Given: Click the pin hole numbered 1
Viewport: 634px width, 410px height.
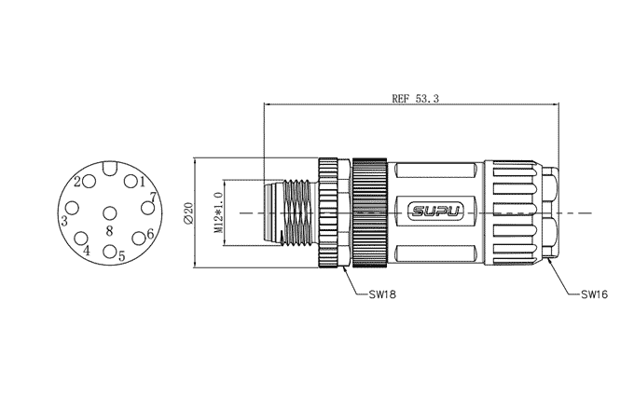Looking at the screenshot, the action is tap(131, 181).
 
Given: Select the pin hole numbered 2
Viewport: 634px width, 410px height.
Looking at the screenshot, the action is tap(89, 182).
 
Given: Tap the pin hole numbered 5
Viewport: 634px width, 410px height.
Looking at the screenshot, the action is tap(109, 251).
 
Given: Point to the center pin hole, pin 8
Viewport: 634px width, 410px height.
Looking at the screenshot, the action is tap(109, 212).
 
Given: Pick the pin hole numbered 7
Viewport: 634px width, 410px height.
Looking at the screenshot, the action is tap(147, 208).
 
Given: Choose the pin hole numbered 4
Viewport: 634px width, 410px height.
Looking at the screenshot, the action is tap(82, 239).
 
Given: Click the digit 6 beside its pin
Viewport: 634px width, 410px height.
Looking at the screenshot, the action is tap(150, 234).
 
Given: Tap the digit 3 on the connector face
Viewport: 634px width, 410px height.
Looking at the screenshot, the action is tap(64, 221).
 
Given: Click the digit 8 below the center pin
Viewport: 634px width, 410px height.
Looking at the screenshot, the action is tap(109, 231).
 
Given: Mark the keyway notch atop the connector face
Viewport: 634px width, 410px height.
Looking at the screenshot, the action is tap(109, 168).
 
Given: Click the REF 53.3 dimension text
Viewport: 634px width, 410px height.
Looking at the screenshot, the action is tap(415, 98).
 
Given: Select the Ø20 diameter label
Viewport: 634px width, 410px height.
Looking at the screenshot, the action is tap(188, 212).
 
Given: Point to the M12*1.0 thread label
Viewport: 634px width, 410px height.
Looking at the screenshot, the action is tap(219, 212).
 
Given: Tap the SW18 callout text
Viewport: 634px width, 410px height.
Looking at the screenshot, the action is tap(382, 294).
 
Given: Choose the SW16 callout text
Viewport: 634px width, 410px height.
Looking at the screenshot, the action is tap(595, 294).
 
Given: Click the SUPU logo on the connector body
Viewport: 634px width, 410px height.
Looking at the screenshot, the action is tap(435, 211).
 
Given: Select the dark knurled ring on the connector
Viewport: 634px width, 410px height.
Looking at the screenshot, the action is tap(370, 212).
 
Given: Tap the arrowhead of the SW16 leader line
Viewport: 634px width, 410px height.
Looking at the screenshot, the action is tap(549, 261).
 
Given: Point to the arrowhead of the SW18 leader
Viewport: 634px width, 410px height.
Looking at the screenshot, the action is tap(344, 268).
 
